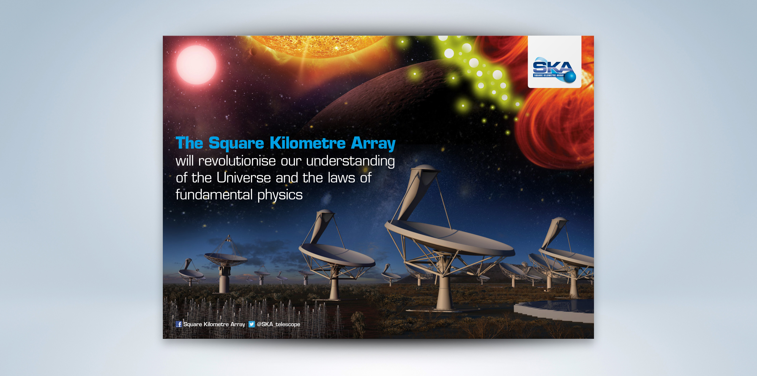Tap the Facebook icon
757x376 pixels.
tap(179, 324)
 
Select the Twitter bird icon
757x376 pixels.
tap(252, 324)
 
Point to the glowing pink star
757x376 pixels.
tap(196, 65)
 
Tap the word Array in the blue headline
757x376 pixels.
tap(373, 144)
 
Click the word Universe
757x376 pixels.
tap(244, 178)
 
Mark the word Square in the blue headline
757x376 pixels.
tap(236, 144)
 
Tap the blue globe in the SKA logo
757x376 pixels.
tap(571, 77)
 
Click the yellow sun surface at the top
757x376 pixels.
tap(317, 45)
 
